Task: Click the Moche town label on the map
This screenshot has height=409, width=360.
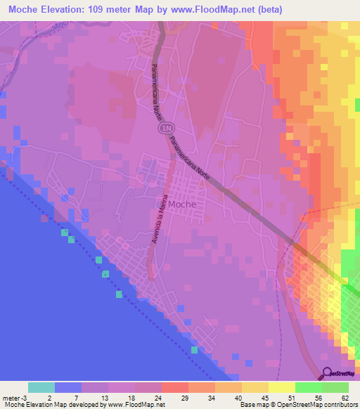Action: tap(182, 204)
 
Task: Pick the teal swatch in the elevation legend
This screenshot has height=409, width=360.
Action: tap(41, 387)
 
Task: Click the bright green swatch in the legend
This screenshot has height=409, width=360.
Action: tap(309, 387)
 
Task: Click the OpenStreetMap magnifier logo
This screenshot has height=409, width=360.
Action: tap(326, 374)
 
